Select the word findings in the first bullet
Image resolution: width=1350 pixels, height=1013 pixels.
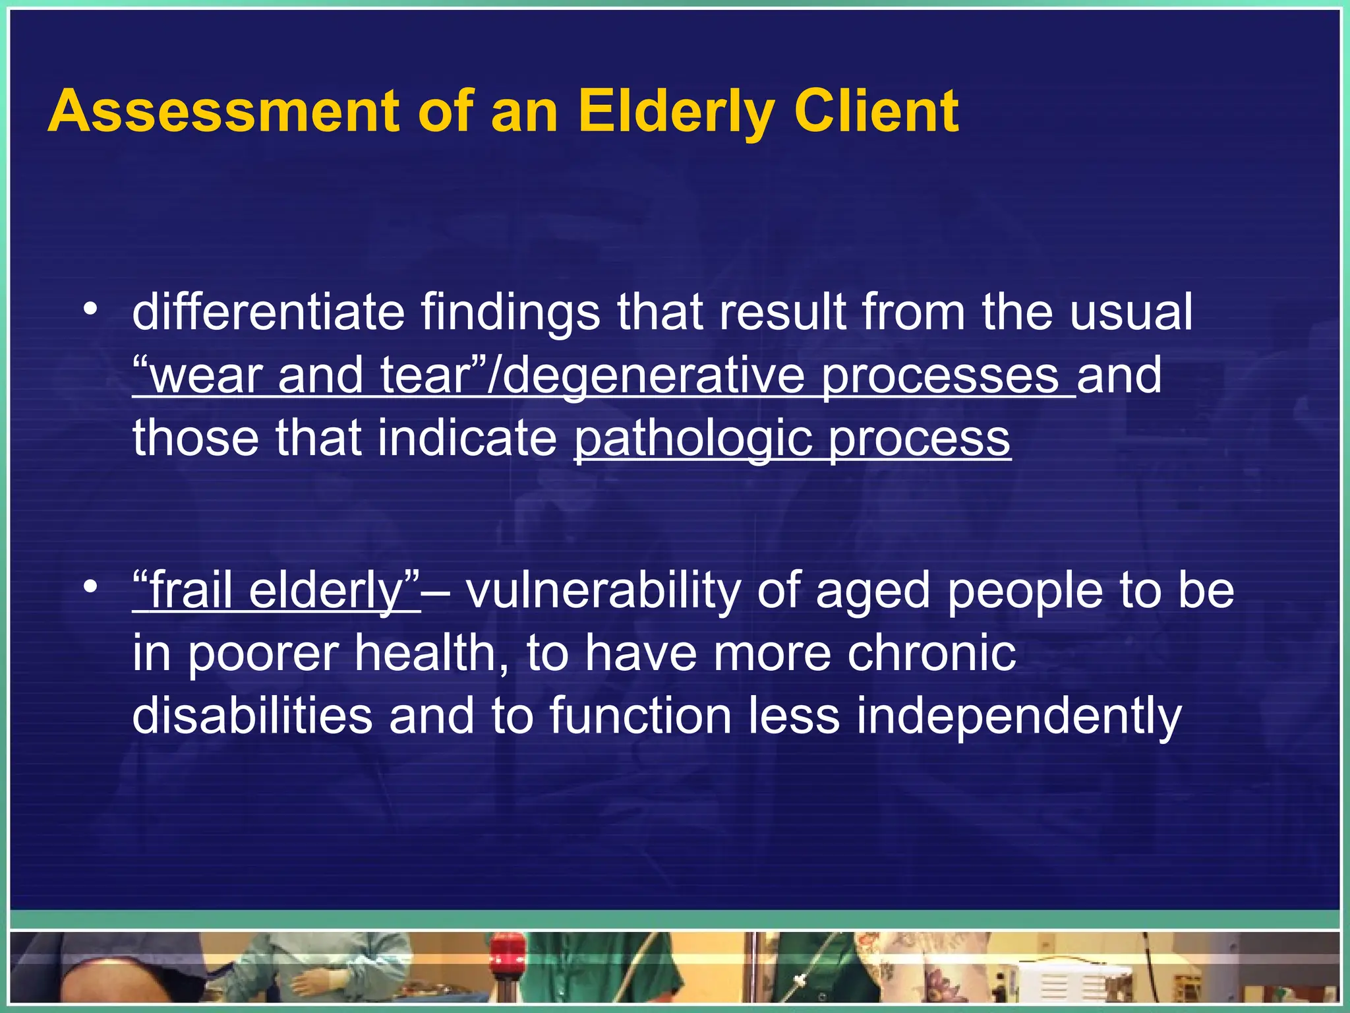pyautogui.click(x=510, y=313)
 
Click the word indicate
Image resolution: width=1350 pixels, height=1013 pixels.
pyautogui.click(x=468, y=438)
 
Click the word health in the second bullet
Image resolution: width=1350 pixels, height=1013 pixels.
pyautogui.click(x=426, y=653)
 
